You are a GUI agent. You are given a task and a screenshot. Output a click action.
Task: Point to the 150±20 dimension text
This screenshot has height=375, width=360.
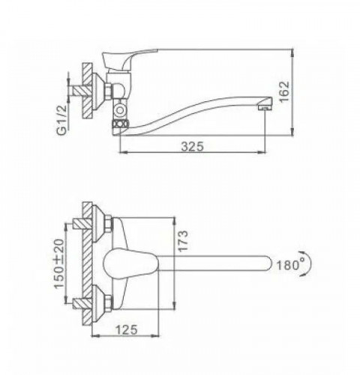point(60,265)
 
